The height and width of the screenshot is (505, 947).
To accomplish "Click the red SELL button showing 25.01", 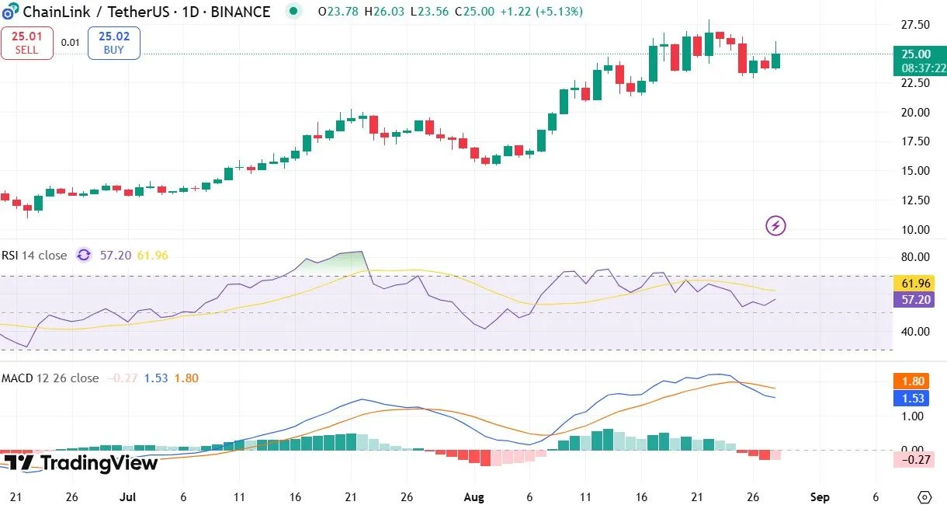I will click(26, 43).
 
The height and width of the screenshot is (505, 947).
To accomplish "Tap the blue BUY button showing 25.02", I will click(113, 43).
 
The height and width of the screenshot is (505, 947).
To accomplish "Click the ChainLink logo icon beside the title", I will click(11, 12).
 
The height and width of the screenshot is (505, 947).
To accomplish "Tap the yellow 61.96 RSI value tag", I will click(917, 284).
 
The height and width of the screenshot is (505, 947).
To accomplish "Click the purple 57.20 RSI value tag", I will click(917, 299).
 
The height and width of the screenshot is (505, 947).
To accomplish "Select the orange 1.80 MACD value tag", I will click(917, 381).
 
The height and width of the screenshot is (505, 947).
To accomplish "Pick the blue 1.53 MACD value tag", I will click(917, 398).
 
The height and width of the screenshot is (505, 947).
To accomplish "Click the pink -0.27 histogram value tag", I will click(917, 459).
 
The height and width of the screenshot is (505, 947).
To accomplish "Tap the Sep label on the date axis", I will click(820, 496).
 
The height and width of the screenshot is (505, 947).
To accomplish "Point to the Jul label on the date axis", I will click(128, 496).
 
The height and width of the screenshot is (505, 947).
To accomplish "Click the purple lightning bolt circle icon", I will click(776, 226).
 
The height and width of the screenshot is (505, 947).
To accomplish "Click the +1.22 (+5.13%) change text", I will click(541, 12).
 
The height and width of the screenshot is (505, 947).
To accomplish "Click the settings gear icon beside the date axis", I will click(924, 496).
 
